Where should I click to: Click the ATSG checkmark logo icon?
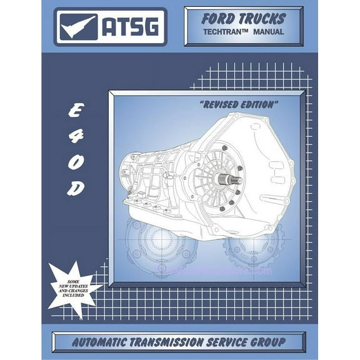79,26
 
